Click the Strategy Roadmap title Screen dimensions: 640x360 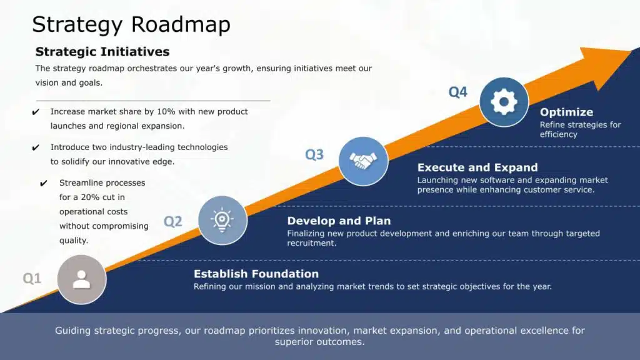click(x=131, y=24)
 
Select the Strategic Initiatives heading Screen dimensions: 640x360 click(x=102, y=52)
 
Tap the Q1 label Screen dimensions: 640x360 click(x=32, y=278)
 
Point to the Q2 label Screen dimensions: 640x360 click(x=172, y=222)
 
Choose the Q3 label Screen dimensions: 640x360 click(x=314, y=155)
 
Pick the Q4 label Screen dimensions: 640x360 click(x=457, y=92)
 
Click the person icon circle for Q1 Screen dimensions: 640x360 click(x=82, y=279)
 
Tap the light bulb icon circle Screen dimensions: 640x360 click(x=222, y=221)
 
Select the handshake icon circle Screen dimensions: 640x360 click(x=363, y=161)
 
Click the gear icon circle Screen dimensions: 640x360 click(x=504, y=102)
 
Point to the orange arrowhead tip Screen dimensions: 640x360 click(x=632, y=51)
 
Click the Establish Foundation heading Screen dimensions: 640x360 click(x=256, y=274)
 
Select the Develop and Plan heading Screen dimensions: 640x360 click(x=339, y=221)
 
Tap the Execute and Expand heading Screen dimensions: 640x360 click(x=477, y=167)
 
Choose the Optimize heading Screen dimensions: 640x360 click(x=566, y=112)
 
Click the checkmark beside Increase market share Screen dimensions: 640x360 click(x=36, y=112)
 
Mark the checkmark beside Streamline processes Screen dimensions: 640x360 click(x=44, y=183)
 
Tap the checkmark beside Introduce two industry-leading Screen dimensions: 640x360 click(x=36, y=147)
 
